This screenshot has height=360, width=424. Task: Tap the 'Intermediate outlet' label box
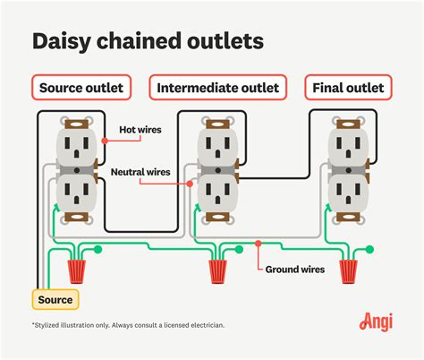[217, 88]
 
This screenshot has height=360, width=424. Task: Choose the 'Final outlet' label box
[346, 88]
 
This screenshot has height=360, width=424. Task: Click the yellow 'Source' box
[55, 299]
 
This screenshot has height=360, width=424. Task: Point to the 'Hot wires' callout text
[140, 130]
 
